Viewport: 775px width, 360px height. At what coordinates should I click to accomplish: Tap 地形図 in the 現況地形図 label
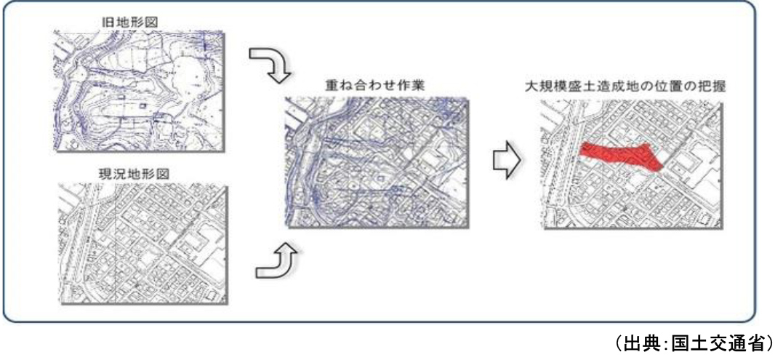(x=148, y=177)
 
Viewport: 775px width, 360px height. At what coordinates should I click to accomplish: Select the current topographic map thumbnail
(x=142, y=244)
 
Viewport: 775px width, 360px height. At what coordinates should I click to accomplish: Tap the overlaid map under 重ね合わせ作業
(x=374, y=164)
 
